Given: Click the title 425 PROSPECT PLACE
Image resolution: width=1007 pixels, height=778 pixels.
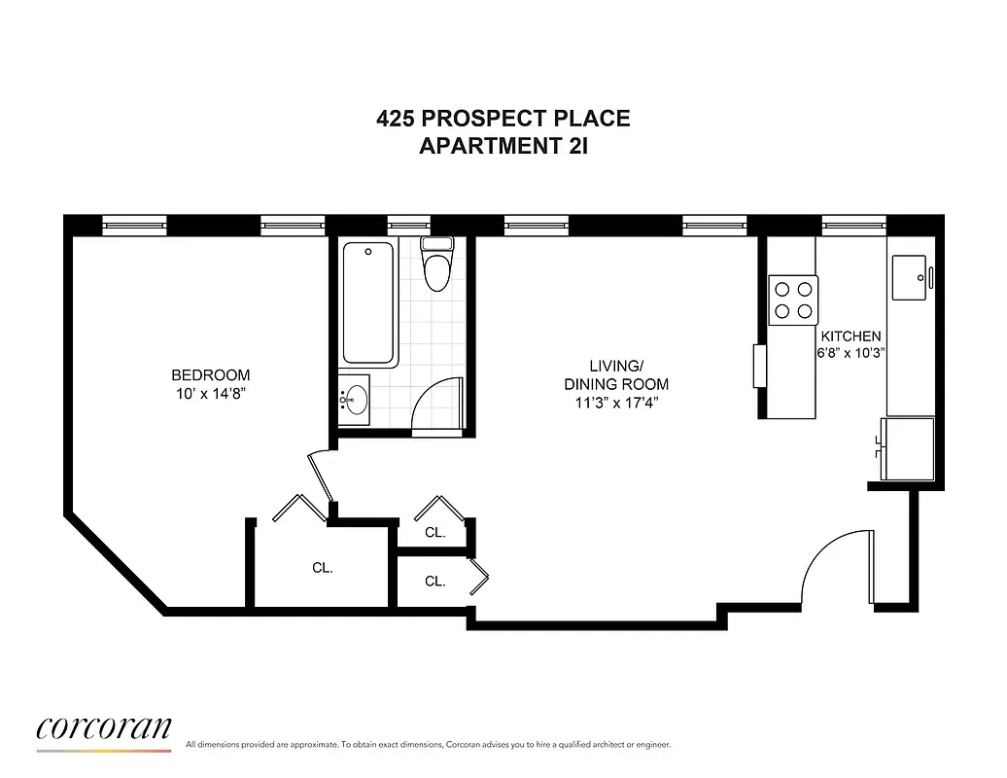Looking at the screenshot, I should coord(503,119).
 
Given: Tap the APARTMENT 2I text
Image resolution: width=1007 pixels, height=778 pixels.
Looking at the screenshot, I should coord(503,147).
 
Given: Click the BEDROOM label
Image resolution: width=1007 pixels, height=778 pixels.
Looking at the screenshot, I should coord(210,375).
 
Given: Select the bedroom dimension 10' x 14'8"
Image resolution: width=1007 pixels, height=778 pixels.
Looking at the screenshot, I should coord(210,394).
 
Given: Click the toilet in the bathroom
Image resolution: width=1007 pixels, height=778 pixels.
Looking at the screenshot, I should coord(437,265).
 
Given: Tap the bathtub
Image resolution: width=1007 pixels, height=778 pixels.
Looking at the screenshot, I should coord(368,301).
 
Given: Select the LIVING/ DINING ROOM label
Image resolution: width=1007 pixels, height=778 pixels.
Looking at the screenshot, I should coord(616,374).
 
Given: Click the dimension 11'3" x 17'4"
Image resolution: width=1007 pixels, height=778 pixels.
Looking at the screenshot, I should coord(616,402).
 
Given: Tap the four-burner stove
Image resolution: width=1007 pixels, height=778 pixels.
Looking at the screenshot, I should coord(793,300).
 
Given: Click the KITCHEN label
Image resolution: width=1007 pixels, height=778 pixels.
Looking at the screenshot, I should coord(851,336).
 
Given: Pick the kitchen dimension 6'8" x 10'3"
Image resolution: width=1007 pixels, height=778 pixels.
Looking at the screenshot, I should coord(851,354).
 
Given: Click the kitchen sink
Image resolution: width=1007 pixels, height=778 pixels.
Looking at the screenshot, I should coord(912,278).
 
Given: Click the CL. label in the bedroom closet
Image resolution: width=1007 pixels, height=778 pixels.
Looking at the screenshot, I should coord(323,568).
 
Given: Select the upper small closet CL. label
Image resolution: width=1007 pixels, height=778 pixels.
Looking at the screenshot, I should coord(434,533).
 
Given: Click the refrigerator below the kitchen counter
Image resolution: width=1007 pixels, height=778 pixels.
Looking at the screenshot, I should coord(908,447).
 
